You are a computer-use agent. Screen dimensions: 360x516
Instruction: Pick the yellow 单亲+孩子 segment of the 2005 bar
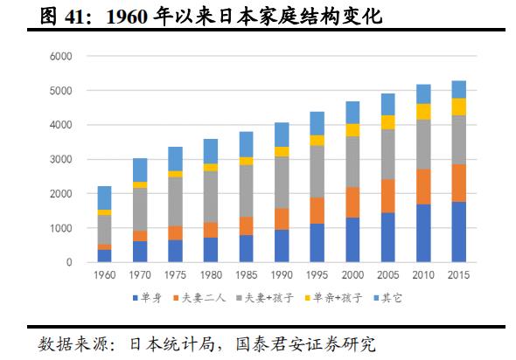[388, 122]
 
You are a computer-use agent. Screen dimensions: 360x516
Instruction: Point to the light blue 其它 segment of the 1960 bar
[104, 197]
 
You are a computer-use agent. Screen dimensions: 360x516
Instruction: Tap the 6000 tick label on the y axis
[60, 57]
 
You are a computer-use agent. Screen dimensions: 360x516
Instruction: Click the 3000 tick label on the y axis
[60, 160]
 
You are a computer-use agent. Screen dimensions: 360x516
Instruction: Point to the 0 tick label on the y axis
[68, 262]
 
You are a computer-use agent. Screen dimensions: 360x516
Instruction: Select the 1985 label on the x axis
[247, 275]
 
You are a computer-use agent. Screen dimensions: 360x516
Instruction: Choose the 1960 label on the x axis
[104, 275]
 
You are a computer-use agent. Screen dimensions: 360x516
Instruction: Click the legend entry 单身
[148, 297]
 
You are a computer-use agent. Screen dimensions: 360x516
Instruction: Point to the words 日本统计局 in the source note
[167, 343]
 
